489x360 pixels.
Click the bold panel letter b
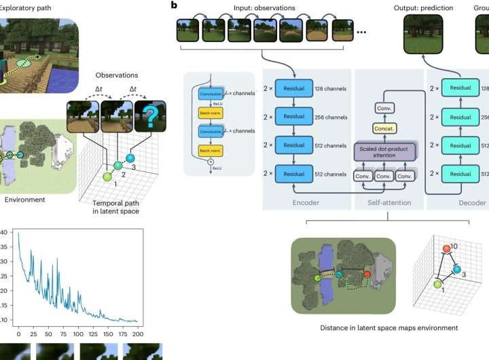[175, 5]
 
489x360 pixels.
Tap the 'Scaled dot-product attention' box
[385, 150]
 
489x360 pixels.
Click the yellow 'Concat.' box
[385, 128]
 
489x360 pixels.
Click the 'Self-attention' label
[385, 202]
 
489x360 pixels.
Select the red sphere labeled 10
[446, 249]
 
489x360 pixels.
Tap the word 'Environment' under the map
[26, 200]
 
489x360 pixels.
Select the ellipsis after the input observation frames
[362, 33]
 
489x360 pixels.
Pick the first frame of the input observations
[188, 33]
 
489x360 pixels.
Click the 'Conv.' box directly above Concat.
[385, 107]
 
